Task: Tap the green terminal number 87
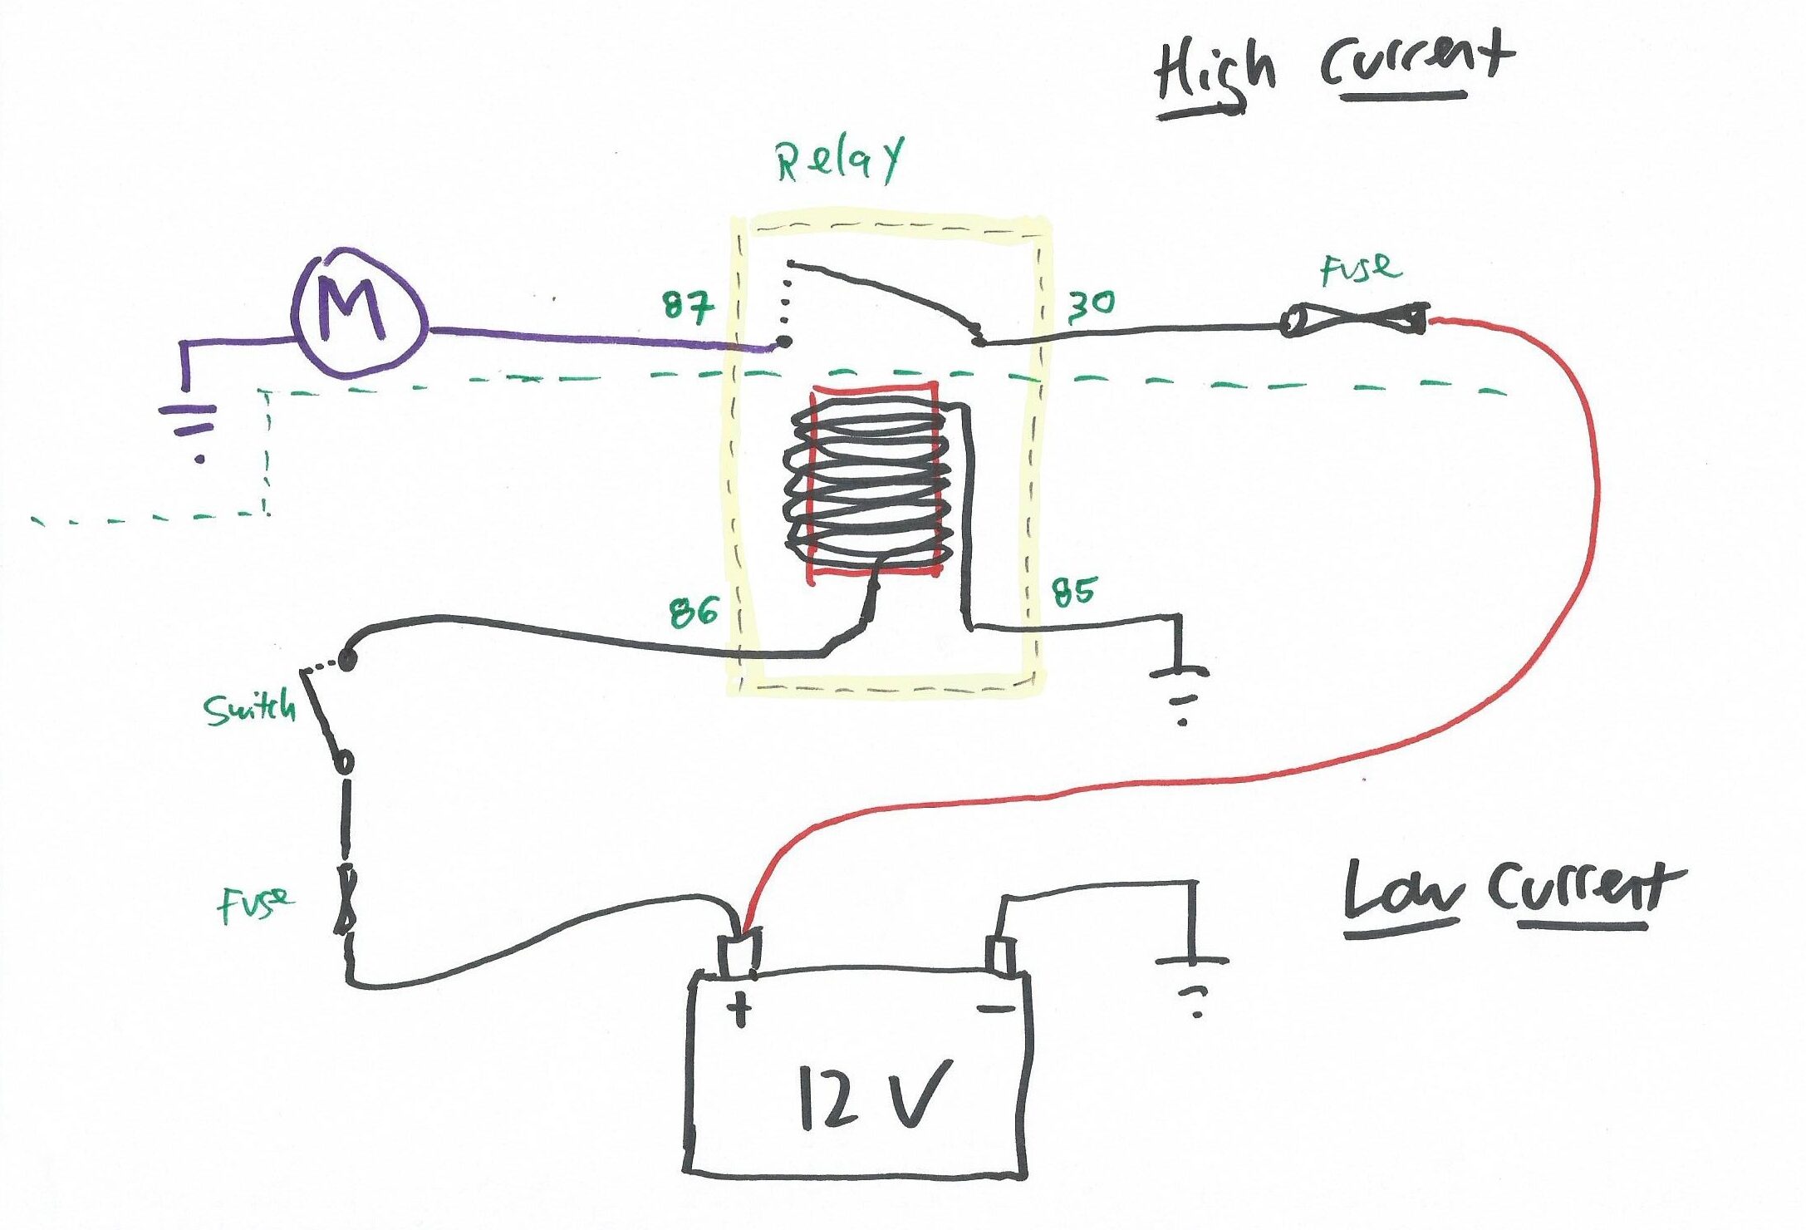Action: coord(688,307)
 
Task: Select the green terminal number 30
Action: coord(1091,306)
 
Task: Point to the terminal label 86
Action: coord(694,612)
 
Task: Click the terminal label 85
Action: coord(1074,593)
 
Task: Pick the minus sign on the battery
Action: coord(995,1009)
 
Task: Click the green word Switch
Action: coord(249,709)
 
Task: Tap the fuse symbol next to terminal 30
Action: coord(1354,321)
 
